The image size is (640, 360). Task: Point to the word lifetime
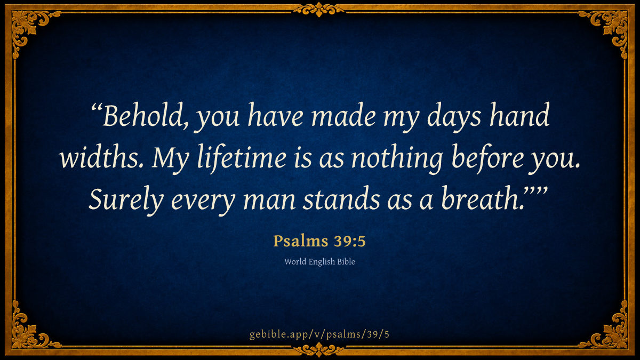[242, 158]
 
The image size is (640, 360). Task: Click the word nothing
[397, 159]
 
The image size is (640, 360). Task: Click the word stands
[341, 198]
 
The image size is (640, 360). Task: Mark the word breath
[482, 198]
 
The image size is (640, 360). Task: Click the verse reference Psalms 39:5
[319, 241]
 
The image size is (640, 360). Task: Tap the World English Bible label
[319, 262]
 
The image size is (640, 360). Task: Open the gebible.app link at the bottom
[319, 334]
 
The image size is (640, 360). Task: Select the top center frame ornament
[319, 10]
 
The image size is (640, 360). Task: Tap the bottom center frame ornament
[319, 350]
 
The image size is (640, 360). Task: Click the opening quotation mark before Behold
[97, 108]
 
